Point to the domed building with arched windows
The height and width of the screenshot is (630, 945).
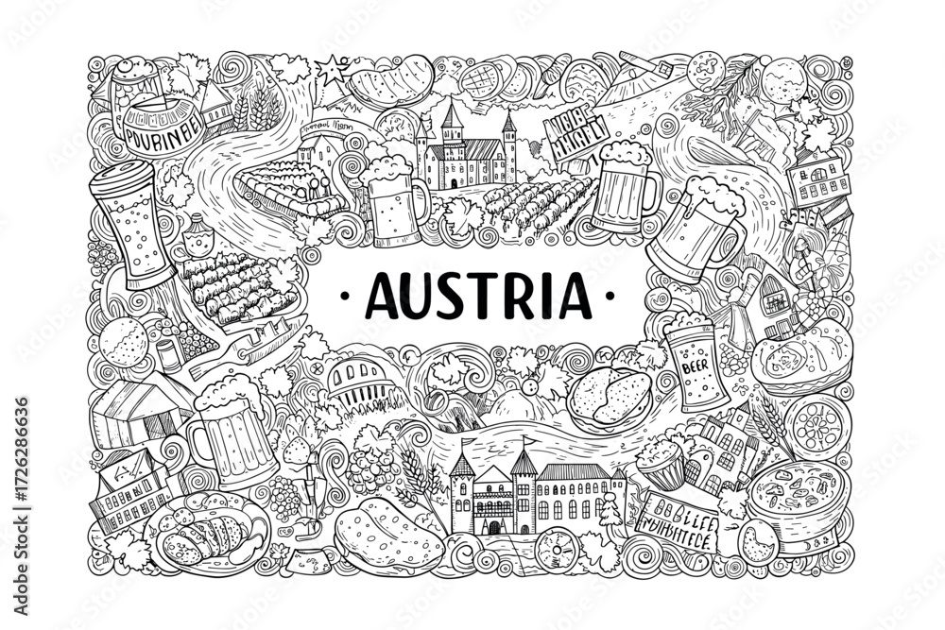[x=357, y=378]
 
